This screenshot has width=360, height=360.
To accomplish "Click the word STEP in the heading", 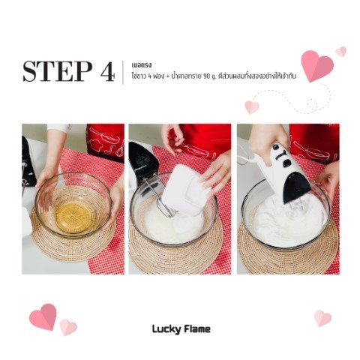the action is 57,71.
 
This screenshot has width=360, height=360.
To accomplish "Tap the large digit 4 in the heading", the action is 108,71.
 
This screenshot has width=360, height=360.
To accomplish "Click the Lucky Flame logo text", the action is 181,329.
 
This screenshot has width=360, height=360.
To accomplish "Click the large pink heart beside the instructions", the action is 316,66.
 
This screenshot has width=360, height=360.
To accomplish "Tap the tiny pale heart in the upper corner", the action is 341,52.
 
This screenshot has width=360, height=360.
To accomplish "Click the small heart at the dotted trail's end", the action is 251,107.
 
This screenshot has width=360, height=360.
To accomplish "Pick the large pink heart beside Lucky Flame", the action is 43,317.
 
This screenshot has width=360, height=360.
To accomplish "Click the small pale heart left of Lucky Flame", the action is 68,328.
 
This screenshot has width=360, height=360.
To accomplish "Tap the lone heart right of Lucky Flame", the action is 322,318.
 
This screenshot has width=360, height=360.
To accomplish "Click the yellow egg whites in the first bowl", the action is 74,217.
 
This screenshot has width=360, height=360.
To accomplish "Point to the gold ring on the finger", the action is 223,169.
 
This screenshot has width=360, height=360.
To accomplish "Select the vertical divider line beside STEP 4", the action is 123,73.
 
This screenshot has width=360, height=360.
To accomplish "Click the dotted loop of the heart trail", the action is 312,103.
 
